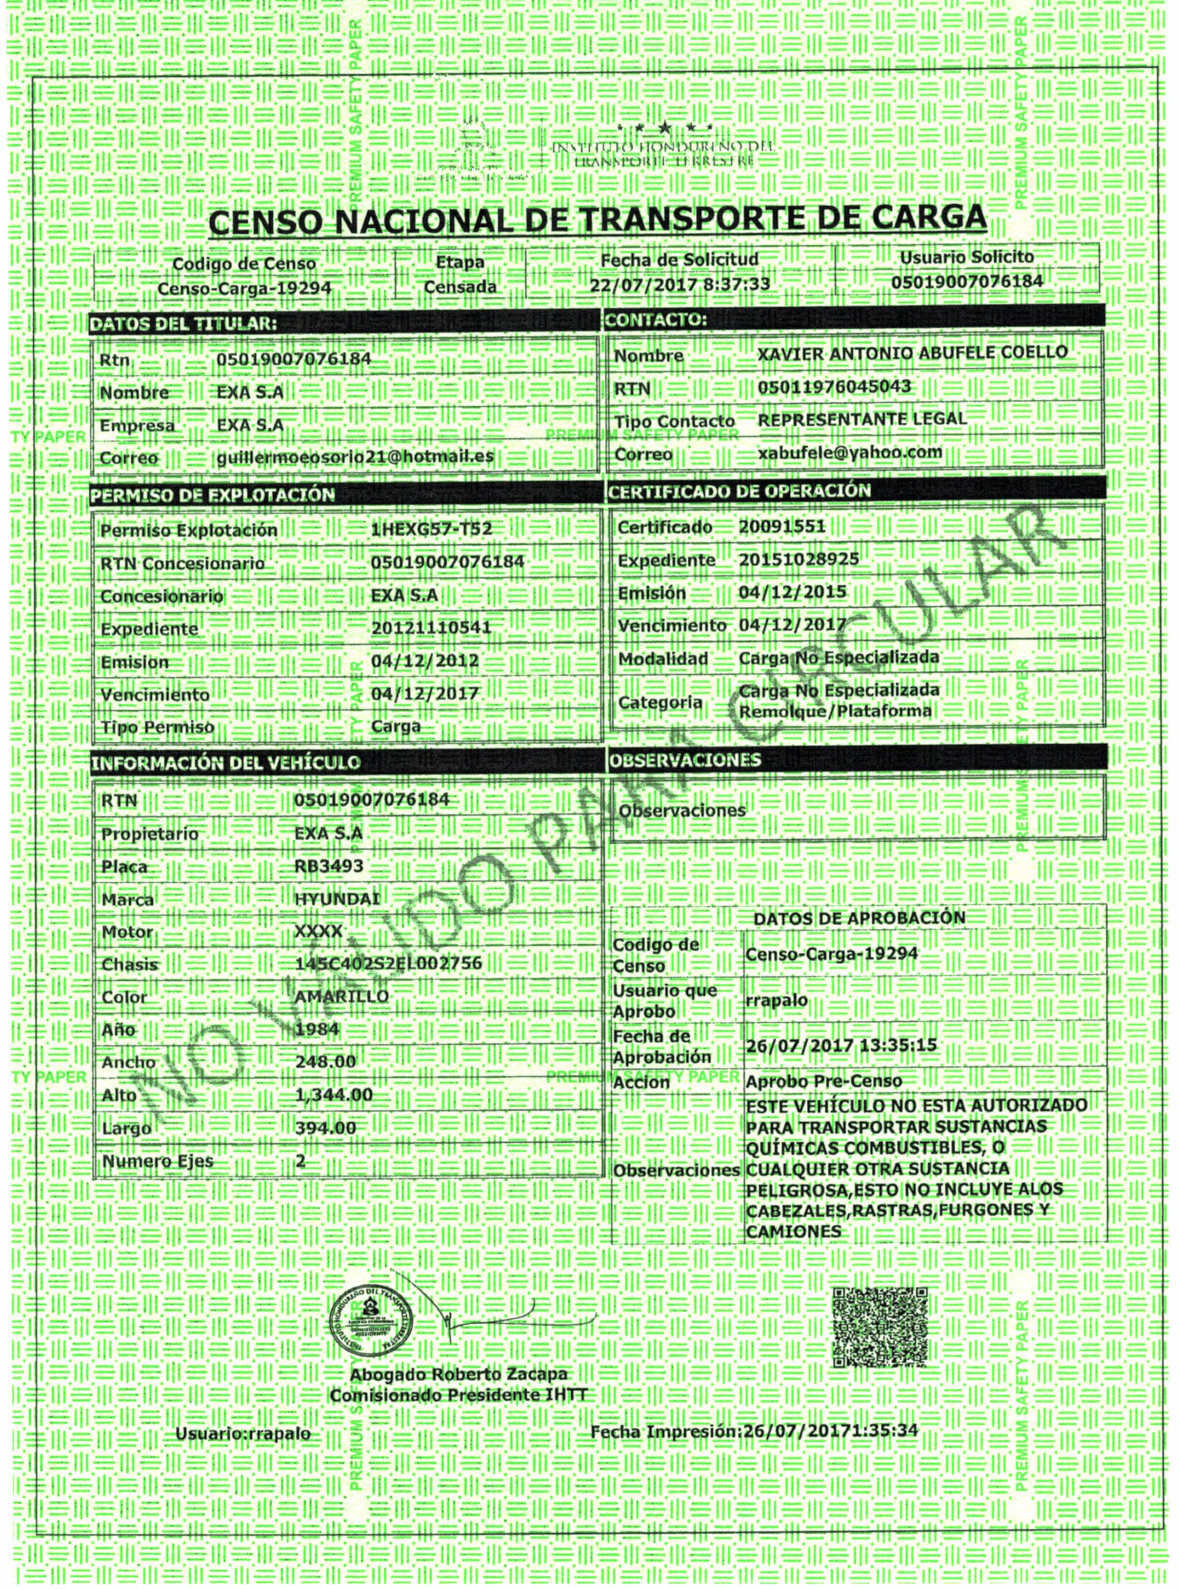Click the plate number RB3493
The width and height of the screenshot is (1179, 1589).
[329, 866]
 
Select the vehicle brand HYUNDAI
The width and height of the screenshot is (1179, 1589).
[337, 898]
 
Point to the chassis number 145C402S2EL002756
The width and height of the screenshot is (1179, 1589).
[388, 964]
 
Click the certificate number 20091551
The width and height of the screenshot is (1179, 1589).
[782, 527]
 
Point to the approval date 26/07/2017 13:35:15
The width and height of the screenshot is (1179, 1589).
[841, 1046]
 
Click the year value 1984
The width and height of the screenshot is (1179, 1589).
[317, 1029]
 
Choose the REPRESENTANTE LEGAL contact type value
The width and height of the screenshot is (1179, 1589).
[862, 419]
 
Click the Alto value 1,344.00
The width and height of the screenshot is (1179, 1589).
[333, 1094]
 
